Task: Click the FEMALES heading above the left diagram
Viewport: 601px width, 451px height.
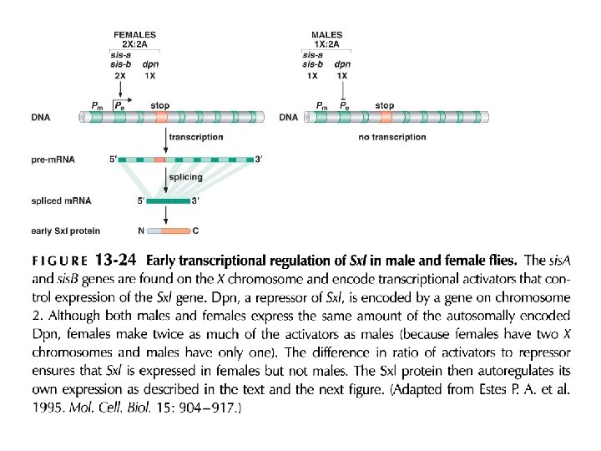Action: pos(135,34)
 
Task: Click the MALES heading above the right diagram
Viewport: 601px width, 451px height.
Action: pos(327,34)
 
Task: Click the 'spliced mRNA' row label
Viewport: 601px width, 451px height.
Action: pos(61,201)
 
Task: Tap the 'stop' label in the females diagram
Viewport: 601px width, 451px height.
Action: pos(160,106)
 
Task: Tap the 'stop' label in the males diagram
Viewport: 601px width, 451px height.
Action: pos(385,106)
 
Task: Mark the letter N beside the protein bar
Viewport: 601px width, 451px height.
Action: pos(141,230)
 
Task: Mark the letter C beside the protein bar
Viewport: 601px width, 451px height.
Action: pos(196,230)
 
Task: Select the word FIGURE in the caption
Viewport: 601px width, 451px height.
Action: pos(59,260)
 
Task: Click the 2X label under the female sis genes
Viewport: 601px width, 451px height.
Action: pos(119,75)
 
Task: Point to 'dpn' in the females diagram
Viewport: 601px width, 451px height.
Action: pos(150,63)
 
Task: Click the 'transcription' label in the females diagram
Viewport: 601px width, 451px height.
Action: pos(196,137)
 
